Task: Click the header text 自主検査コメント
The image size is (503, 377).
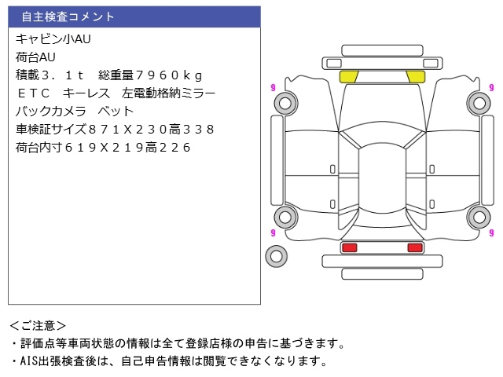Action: [68, 16]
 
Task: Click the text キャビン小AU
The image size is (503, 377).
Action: [53, 39]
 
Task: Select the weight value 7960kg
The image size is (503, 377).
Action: [169, 75]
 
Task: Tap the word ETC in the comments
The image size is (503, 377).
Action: [33, 93]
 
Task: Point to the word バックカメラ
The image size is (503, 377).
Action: [51, 112]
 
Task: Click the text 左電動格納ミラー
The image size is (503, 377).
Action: [168, 93]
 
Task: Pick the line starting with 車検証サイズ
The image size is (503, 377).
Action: [115, 129]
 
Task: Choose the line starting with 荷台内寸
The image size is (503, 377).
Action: [103, 148]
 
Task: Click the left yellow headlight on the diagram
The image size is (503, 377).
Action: [349, 77]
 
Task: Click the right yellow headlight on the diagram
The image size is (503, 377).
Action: [416, 77]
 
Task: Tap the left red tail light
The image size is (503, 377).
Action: [349, 247]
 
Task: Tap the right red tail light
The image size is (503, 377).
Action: [415, 247]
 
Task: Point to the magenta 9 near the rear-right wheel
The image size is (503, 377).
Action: [491, 232]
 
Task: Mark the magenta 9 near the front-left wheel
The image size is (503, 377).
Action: [273, 87]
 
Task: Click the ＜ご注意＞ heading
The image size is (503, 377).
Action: [38, 326]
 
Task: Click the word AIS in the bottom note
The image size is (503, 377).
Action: [29, 361]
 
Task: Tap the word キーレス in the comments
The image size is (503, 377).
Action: [86, 93]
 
